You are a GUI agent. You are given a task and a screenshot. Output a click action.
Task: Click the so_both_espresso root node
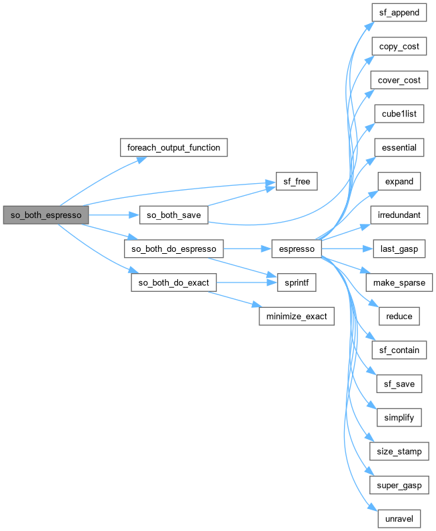pyautogui.click(x=46, y=215)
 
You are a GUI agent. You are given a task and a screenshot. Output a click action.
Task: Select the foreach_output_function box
pyautogui.click(x=174, y=147)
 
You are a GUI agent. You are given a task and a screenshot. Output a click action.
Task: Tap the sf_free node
pyautogui.click(x=297, y=181)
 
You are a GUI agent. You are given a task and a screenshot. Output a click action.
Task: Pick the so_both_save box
pyautogui.click(x=173, y=215)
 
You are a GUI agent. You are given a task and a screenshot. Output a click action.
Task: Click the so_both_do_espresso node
pyautogui.click(x=173, y=249)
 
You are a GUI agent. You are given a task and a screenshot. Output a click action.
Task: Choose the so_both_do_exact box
pyautogui.click(x=170, y=282)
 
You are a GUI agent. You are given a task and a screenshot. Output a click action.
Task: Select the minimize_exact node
pyautogui.click(x=296, y=316)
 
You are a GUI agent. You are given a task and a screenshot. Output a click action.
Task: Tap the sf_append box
pyautogui.click(x=399, y=12)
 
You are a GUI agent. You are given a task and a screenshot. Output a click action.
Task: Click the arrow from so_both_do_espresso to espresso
pyautogui.click(x=247, y=249)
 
